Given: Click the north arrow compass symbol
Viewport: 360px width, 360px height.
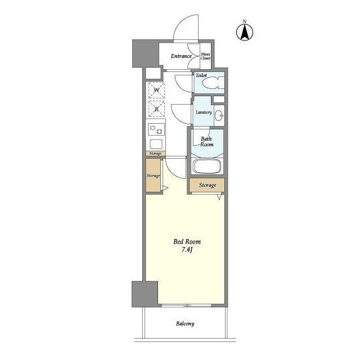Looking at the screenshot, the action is (245, 31).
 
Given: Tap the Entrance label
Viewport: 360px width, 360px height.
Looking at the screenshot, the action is (181, 56).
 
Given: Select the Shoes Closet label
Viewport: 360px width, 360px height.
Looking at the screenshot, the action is (205, 56).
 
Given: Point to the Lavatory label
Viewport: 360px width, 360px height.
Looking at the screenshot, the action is (204, 112).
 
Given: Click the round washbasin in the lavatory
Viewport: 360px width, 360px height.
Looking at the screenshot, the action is (219, 115).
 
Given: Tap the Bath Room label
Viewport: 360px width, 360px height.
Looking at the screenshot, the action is (206, 142).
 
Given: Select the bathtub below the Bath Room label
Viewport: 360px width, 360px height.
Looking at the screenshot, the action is (207, 166).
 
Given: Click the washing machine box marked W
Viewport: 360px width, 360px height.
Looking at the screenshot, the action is (156, 90).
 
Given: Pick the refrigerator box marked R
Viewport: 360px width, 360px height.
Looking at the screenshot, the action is (156, 109).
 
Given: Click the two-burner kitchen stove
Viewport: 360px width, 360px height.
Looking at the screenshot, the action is (156, 129).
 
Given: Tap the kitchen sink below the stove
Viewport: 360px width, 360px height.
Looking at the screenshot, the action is (156, 144).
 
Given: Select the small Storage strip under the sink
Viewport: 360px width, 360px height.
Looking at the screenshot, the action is (155, 154).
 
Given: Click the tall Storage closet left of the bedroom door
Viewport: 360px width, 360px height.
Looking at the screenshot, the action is (153, 175).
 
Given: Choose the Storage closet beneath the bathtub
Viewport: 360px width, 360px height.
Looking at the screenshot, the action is (207, 185).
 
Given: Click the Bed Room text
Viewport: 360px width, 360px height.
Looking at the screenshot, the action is (187, 241).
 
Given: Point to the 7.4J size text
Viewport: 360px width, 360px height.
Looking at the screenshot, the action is (187, 250).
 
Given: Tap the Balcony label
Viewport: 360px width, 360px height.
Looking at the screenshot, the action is (185, 323).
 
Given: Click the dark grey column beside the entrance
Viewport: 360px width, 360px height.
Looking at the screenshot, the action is (146, 53).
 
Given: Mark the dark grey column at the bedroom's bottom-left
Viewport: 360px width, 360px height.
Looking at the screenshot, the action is (145, 294).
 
